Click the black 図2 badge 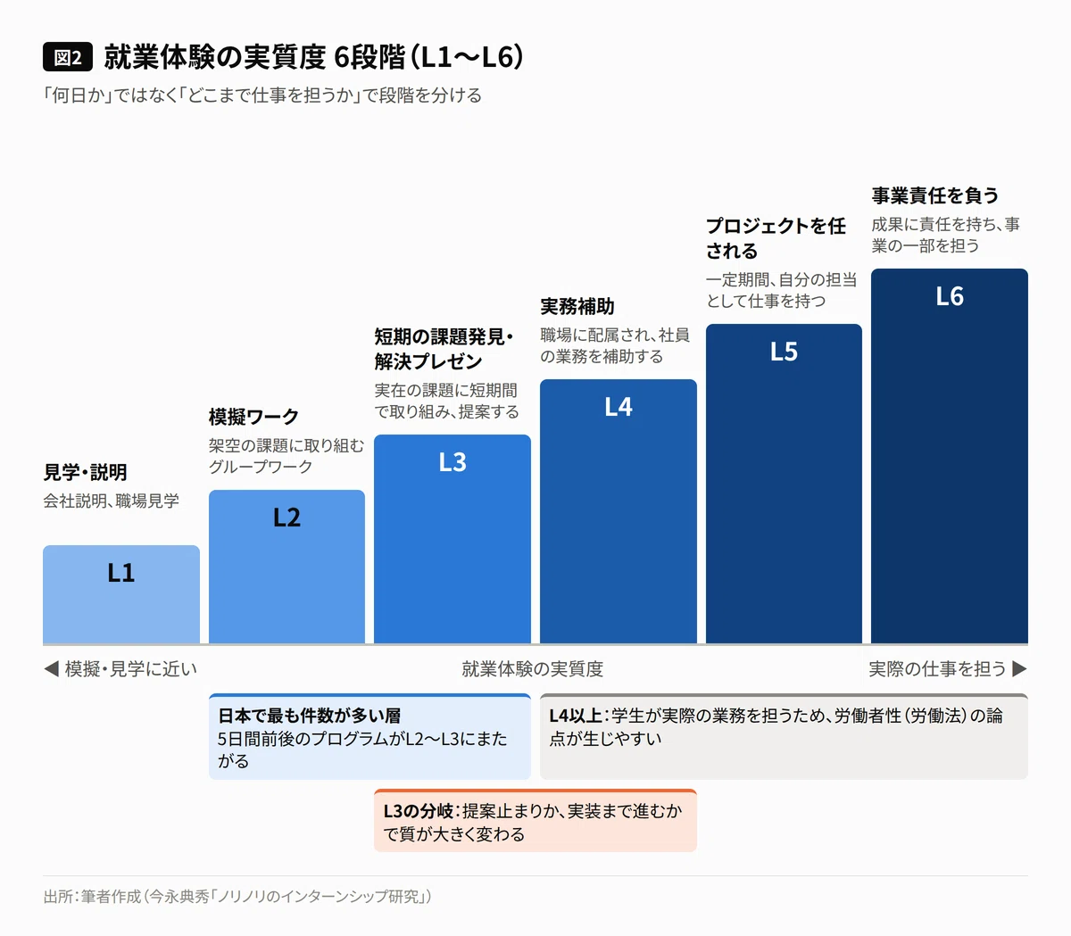tap(68, 56)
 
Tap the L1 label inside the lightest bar tap(120, 573)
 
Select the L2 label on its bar tap(286, 518)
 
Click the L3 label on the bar tap(452, 462)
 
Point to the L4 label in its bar tap(619, 407)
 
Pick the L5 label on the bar tap(784, 351)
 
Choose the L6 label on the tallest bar tap(950, 296)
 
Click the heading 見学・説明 tap(85, 472)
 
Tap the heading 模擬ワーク tap(253, 417)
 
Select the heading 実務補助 tap(577, 306)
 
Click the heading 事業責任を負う tap(935, 195)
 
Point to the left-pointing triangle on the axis tap(51, 668)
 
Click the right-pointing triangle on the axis tap(1019, 668)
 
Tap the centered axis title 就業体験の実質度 tap(532, 668)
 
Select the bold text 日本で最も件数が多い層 tap(310, 716)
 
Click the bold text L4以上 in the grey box tap(576, 716)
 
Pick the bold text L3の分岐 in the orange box tap(419, 811)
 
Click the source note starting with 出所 tap(237, 896)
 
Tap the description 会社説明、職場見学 tap(111, 501)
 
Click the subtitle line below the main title tap(262, 95)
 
